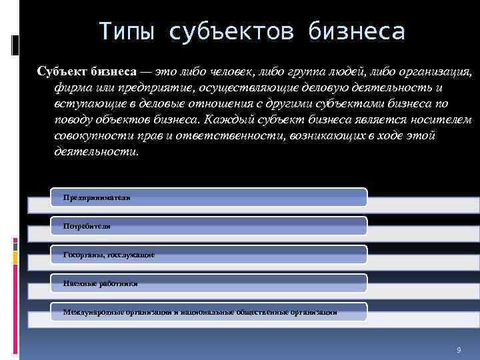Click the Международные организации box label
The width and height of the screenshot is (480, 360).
tap(200, 311)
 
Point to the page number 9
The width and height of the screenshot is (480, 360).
tap(459, 350)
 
